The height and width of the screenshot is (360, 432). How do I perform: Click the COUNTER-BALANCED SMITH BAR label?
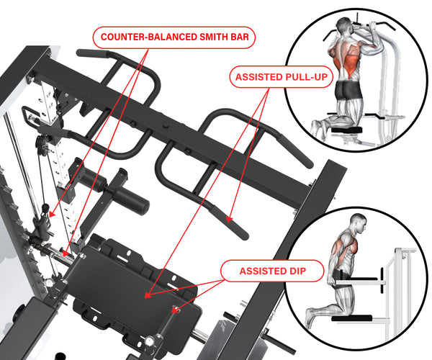point(175,37)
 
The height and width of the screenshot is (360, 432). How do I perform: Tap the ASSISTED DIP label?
point(263,271)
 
